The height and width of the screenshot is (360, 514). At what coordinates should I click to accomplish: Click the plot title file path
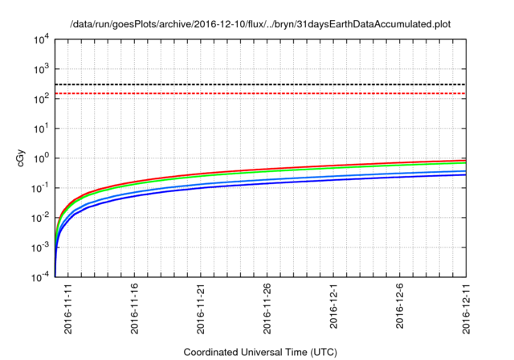[x=260, y=24]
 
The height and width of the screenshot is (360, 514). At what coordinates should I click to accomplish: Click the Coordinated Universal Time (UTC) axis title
[x=260, y=352]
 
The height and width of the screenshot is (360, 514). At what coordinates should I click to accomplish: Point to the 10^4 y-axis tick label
[x=40, y=39]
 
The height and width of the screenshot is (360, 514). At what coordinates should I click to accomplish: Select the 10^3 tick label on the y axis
[x=40, y=69]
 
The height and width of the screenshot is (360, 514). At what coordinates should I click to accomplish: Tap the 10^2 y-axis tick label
[x=40, y=99]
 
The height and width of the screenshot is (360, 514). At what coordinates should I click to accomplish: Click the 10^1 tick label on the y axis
[x=40, y=129]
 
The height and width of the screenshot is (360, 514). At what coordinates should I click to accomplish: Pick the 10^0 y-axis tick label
[x=40, y=158]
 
